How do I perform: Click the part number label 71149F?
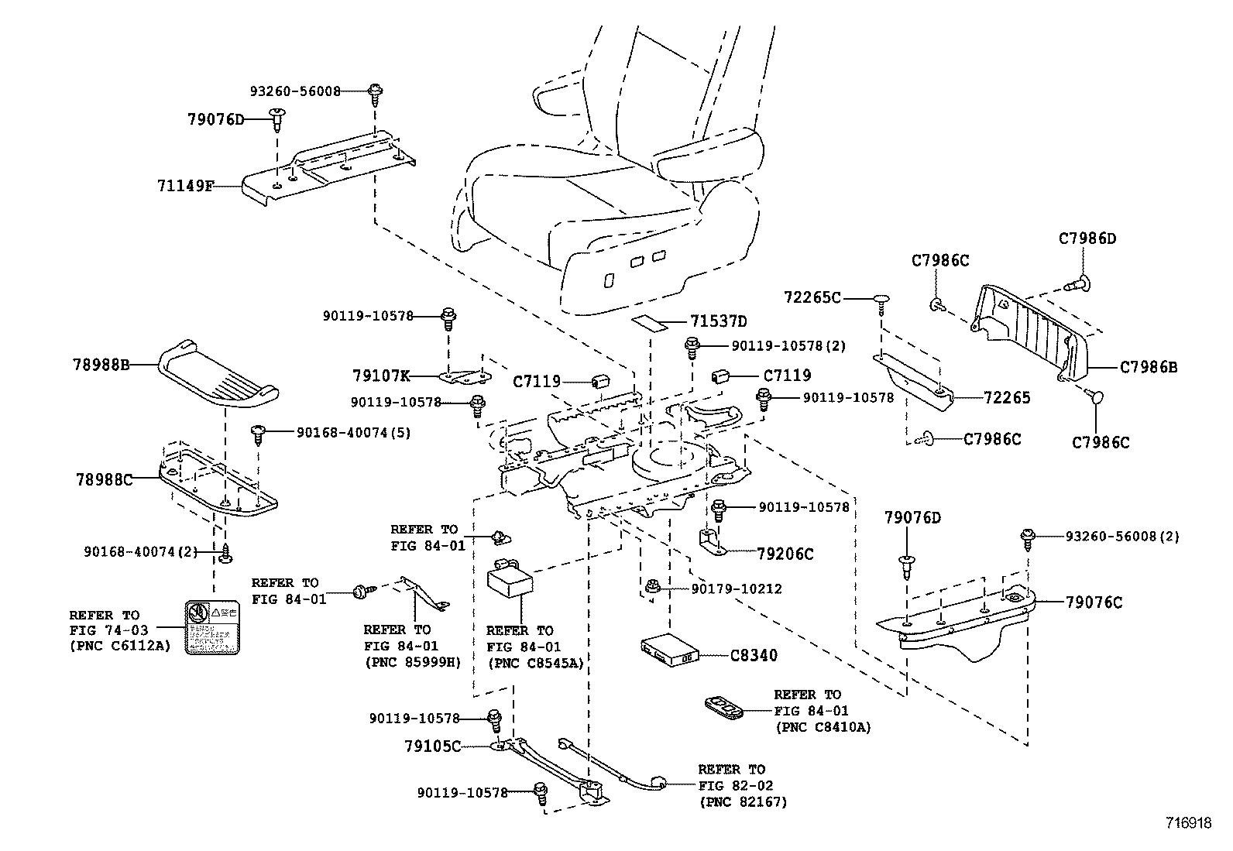click(184, 186)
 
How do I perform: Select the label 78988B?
click(101, 364)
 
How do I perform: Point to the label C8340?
click(754, 655)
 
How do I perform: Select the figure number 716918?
click(1189, 823)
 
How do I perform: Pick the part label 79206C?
click(785, 554)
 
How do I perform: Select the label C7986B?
click(1148, 368)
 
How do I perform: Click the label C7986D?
click(1087, 238)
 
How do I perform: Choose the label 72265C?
click(812, 297)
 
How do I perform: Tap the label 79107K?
click(380, 376)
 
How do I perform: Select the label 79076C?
click(1093, 602)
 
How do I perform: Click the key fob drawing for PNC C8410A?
click(723, 707)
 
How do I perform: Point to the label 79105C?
click(432, 746)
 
